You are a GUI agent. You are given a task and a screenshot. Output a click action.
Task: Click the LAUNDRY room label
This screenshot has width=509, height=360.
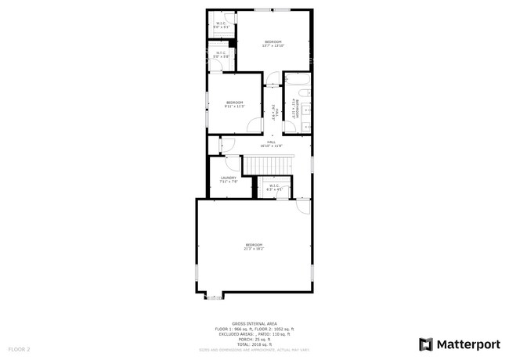(229, 179)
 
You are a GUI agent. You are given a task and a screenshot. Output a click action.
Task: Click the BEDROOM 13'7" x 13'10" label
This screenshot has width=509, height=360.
(273, 43)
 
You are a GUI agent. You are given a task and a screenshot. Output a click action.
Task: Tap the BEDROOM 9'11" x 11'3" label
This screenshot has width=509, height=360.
(235, 104)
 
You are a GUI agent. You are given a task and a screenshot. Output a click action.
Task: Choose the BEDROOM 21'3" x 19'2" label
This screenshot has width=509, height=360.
(254, 246)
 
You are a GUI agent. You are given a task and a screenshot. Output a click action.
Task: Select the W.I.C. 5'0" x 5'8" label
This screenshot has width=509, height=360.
(222, 55)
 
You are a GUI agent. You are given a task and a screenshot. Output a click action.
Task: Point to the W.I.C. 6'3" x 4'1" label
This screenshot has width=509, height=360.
(275, 187)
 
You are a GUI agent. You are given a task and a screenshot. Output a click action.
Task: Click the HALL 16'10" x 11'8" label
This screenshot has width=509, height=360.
(271, 143)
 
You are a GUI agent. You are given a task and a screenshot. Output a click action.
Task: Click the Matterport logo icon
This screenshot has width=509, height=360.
(426, 344)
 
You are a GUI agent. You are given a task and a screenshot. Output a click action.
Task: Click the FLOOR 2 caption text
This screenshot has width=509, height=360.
(19, 348)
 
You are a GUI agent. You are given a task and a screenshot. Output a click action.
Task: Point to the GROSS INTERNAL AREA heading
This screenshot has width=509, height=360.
(254, 322)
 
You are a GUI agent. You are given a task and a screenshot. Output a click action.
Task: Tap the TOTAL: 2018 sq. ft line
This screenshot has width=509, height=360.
(254, 344)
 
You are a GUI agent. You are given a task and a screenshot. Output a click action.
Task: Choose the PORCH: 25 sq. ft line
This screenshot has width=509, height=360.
(254, 338)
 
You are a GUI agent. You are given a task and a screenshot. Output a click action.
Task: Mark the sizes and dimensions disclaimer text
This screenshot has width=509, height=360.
(254, 349)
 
